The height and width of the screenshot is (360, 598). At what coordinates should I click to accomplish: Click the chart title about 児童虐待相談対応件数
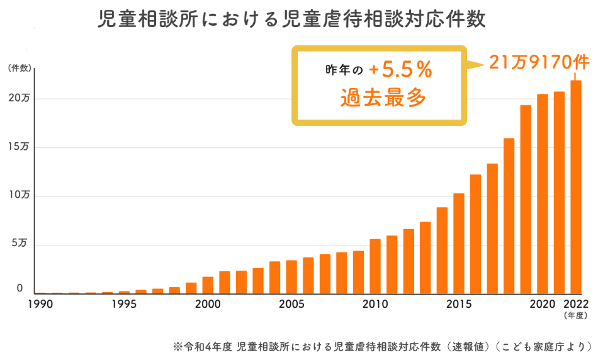pos(291,20)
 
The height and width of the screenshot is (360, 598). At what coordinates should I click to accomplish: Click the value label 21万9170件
pos(538,63)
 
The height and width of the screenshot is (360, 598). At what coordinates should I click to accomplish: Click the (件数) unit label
pos(18,69)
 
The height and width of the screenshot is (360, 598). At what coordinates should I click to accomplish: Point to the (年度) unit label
pos(575,315)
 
